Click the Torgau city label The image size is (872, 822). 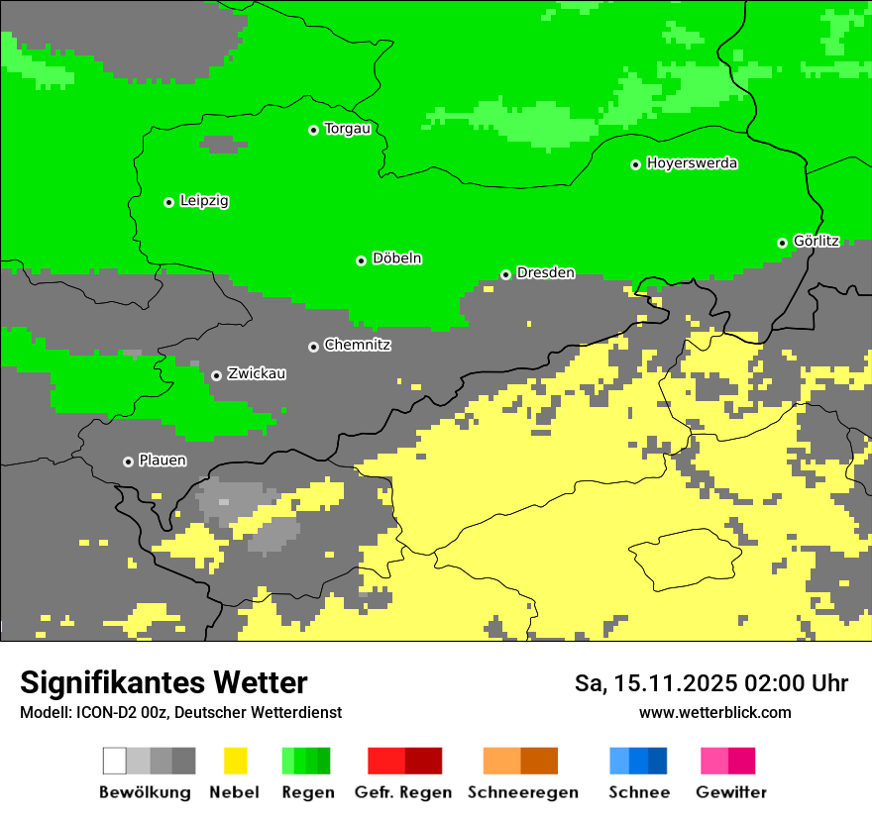click(x=347, y=129)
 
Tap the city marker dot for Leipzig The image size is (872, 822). click(x=168, y=202)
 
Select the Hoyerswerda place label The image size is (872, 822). click(x=692, y=163)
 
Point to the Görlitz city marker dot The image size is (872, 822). click(x=782, y=243)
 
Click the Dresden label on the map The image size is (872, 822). click(x=545, y=273)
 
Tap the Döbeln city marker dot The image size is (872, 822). click(x=361, y=260)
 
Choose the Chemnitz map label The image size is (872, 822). click(x=357, y=346)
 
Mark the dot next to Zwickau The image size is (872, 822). click(x=216, y=375)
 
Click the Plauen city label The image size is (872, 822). click(x=162, y=461)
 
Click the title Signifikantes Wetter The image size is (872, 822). click(x=163, y=682)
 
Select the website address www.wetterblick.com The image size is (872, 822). click(x=714, y=712)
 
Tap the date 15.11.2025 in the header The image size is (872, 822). click(x=670, y=683)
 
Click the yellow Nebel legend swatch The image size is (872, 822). click(x=235, y=761)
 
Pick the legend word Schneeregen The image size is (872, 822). click(x=522, y=792)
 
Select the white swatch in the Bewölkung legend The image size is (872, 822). click(x=115, y=761)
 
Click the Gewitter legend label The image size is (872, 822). click(x=730, y=792)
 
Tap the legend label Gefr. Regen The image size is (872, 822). click(x=403, y=792)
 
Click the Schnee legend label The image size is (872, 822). click(x=638, y=792)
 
